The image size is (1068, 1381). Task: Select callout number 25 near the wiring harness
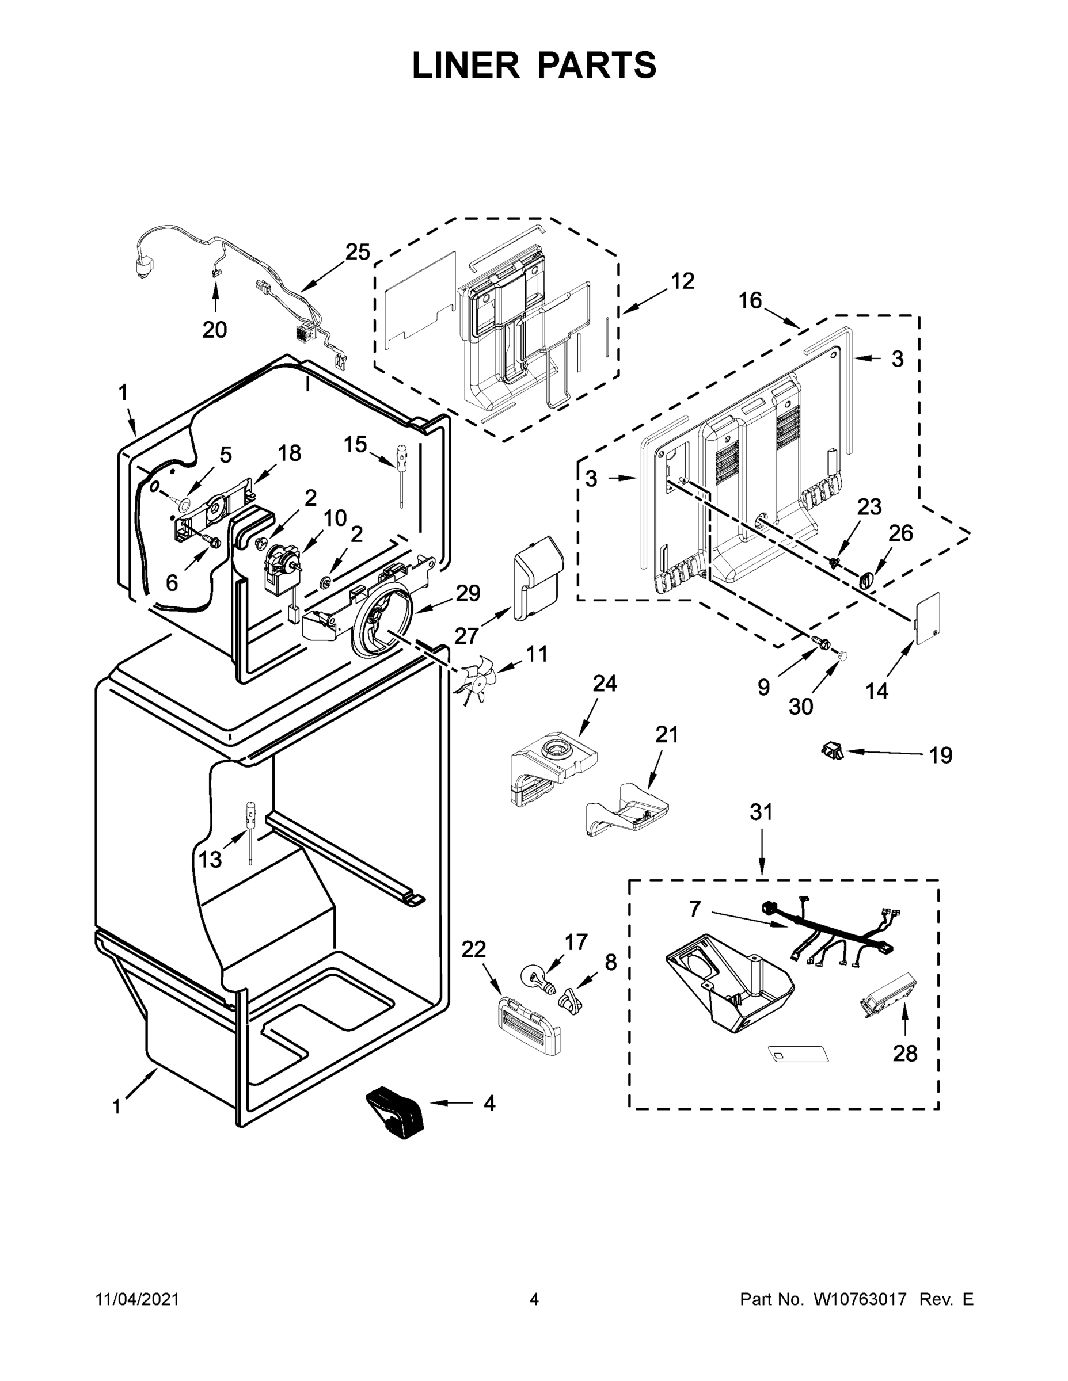coord(357,251)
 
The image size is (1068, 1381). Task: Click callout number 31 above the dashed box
coord(761,812)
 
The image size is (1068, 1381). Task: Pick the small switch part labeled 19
coord(831,750)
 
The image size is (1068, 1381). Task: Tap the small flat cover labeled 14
coord(928,618)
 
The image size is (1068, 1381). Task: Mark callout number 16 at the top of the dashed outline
coord(750,300)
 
